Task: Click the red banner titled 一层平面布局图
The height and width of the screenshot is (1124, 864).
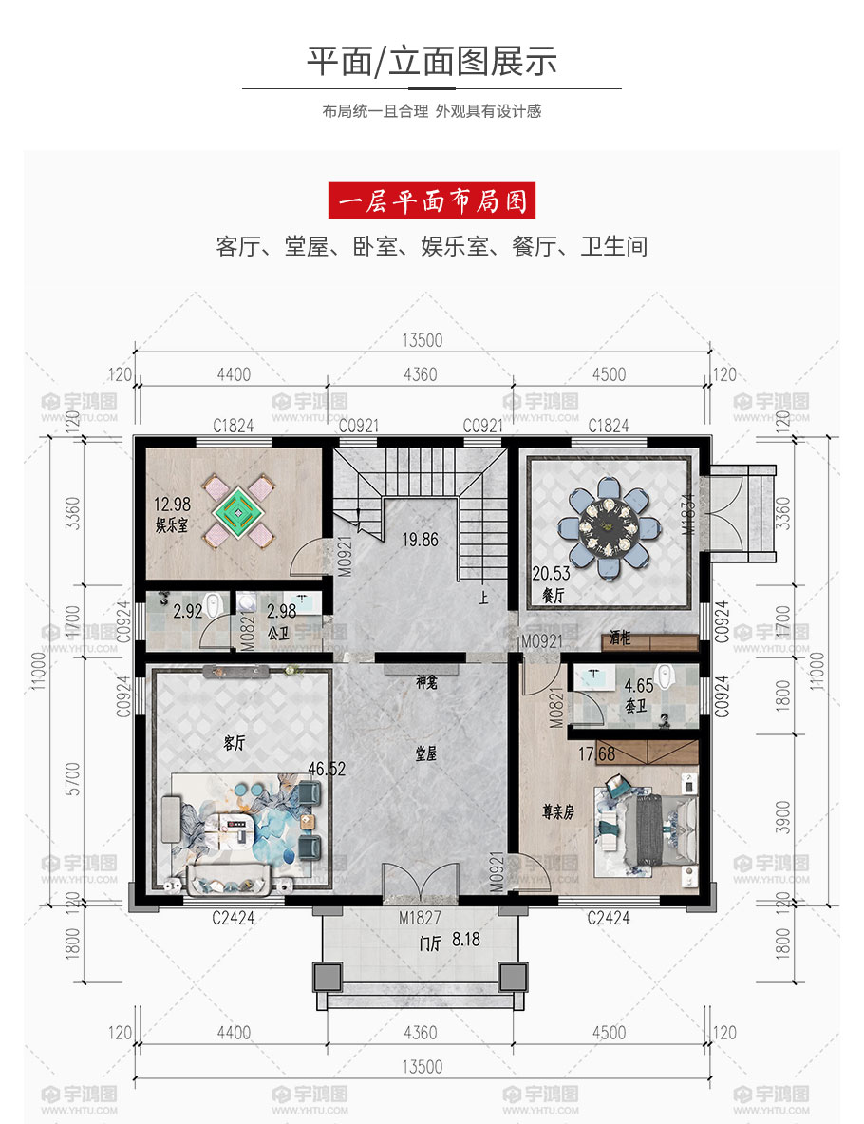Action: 431,200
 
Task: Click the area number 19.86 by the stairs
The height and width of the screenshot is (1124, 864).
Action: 420,539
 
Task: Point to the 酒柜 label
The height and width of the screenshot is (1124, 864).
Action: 620,637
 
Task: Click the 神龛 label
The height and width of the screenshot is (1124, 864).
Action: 426,681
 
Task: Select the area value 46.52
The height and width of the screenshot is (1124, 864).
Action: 327,770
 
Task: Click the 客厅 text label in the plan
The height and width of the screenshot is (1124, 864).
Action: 235,743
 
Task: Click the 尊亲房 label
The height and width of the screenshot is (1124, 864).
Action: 558,812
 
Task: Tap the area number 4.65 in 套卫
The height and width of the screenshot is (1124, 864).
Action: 638,686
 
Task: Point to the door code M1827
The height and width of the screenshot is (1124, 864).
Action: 420,918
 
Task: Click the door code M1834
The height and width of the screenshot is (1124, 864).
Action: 688,514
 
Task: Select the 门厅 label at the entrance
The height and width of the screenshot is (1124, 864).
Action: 430,943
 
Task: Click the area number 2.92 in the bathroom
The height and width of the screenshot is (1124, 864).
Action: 188,611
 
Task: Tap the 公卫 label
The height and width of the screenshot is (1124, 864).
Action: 279,634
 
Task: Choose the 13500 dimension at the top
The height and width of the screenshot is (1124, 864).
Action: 422,340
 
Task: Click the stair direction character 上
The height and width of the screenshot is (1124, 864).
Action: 483,597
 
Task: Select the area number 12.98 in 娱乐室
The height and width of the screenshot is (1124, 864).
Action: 172,504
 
